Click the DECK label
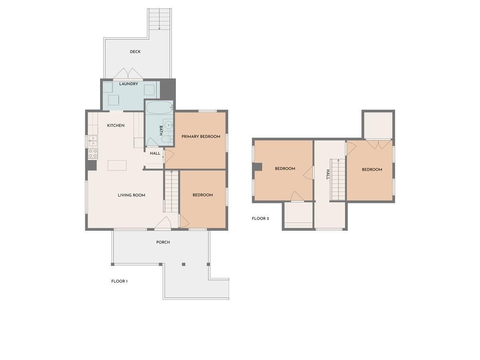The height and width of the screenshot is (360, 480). tap(135, 52)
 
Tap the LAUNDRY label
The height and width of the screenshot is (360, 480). tap(129, 84)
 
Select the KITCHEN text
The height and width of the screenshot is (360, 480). tap(116, 126)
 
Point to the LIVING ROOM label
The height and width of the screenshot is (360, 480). tap(131, 195)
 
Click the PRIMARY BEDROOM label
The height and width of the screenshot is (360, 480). tap(201, 137)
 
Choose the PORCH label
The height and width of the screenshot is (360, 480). tap(163, 242)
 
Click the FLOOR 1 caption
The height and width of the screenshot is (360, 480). tap(119, 282)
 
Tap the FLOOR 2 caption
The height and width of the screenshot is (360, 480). tap(260, 219)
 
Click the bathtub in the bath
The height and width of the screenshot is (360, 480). tap(159, 108)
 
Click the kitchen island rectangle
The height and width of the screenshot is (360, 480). tap(117, 165)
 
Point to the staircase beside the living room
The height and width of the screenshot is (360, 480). tap(171, 191)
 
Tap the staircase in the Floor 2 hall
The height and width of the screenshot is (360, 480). tap(338, 179)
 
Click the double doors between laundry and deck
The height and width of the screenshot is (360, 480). tap(128, 74)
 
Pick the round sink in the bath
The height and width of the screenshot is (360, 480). tap(169, 124)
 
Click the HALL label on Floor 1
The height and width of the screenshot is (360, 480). tap(155, 154)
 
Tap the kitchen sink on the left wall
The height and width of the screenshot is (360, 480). tap(92, 141)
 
